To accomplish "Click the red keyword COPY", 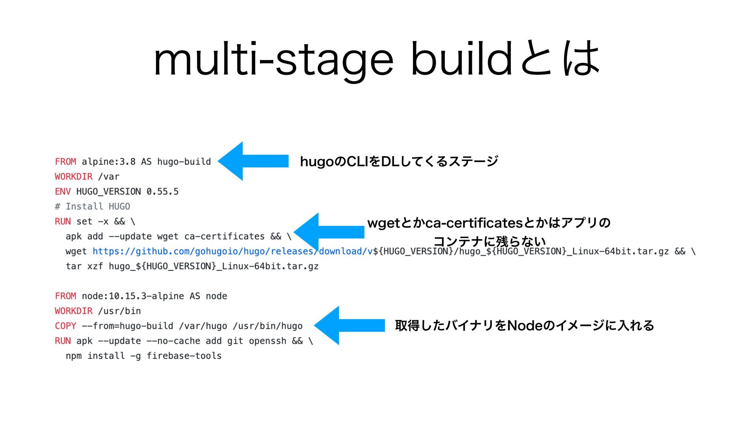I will [65, 326].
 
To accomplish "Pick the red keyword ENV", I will [63, 192].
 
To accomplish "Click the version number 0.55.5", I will [162, 192].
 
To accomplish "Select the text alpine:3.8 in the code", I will [109, 162].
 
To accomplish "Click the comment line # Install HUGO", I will [92, 207].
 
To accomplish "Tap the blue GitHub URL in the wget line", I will [232, 251].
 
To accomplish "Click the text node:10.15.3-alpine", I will [133, 296].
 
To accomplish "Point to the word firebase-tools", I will [184, 356].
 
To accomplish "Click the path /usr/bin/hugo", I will [267, 326].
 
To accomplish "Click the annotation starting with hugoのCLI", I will [399, 161].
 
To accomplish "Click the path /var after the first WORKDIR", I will [109, 177].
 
